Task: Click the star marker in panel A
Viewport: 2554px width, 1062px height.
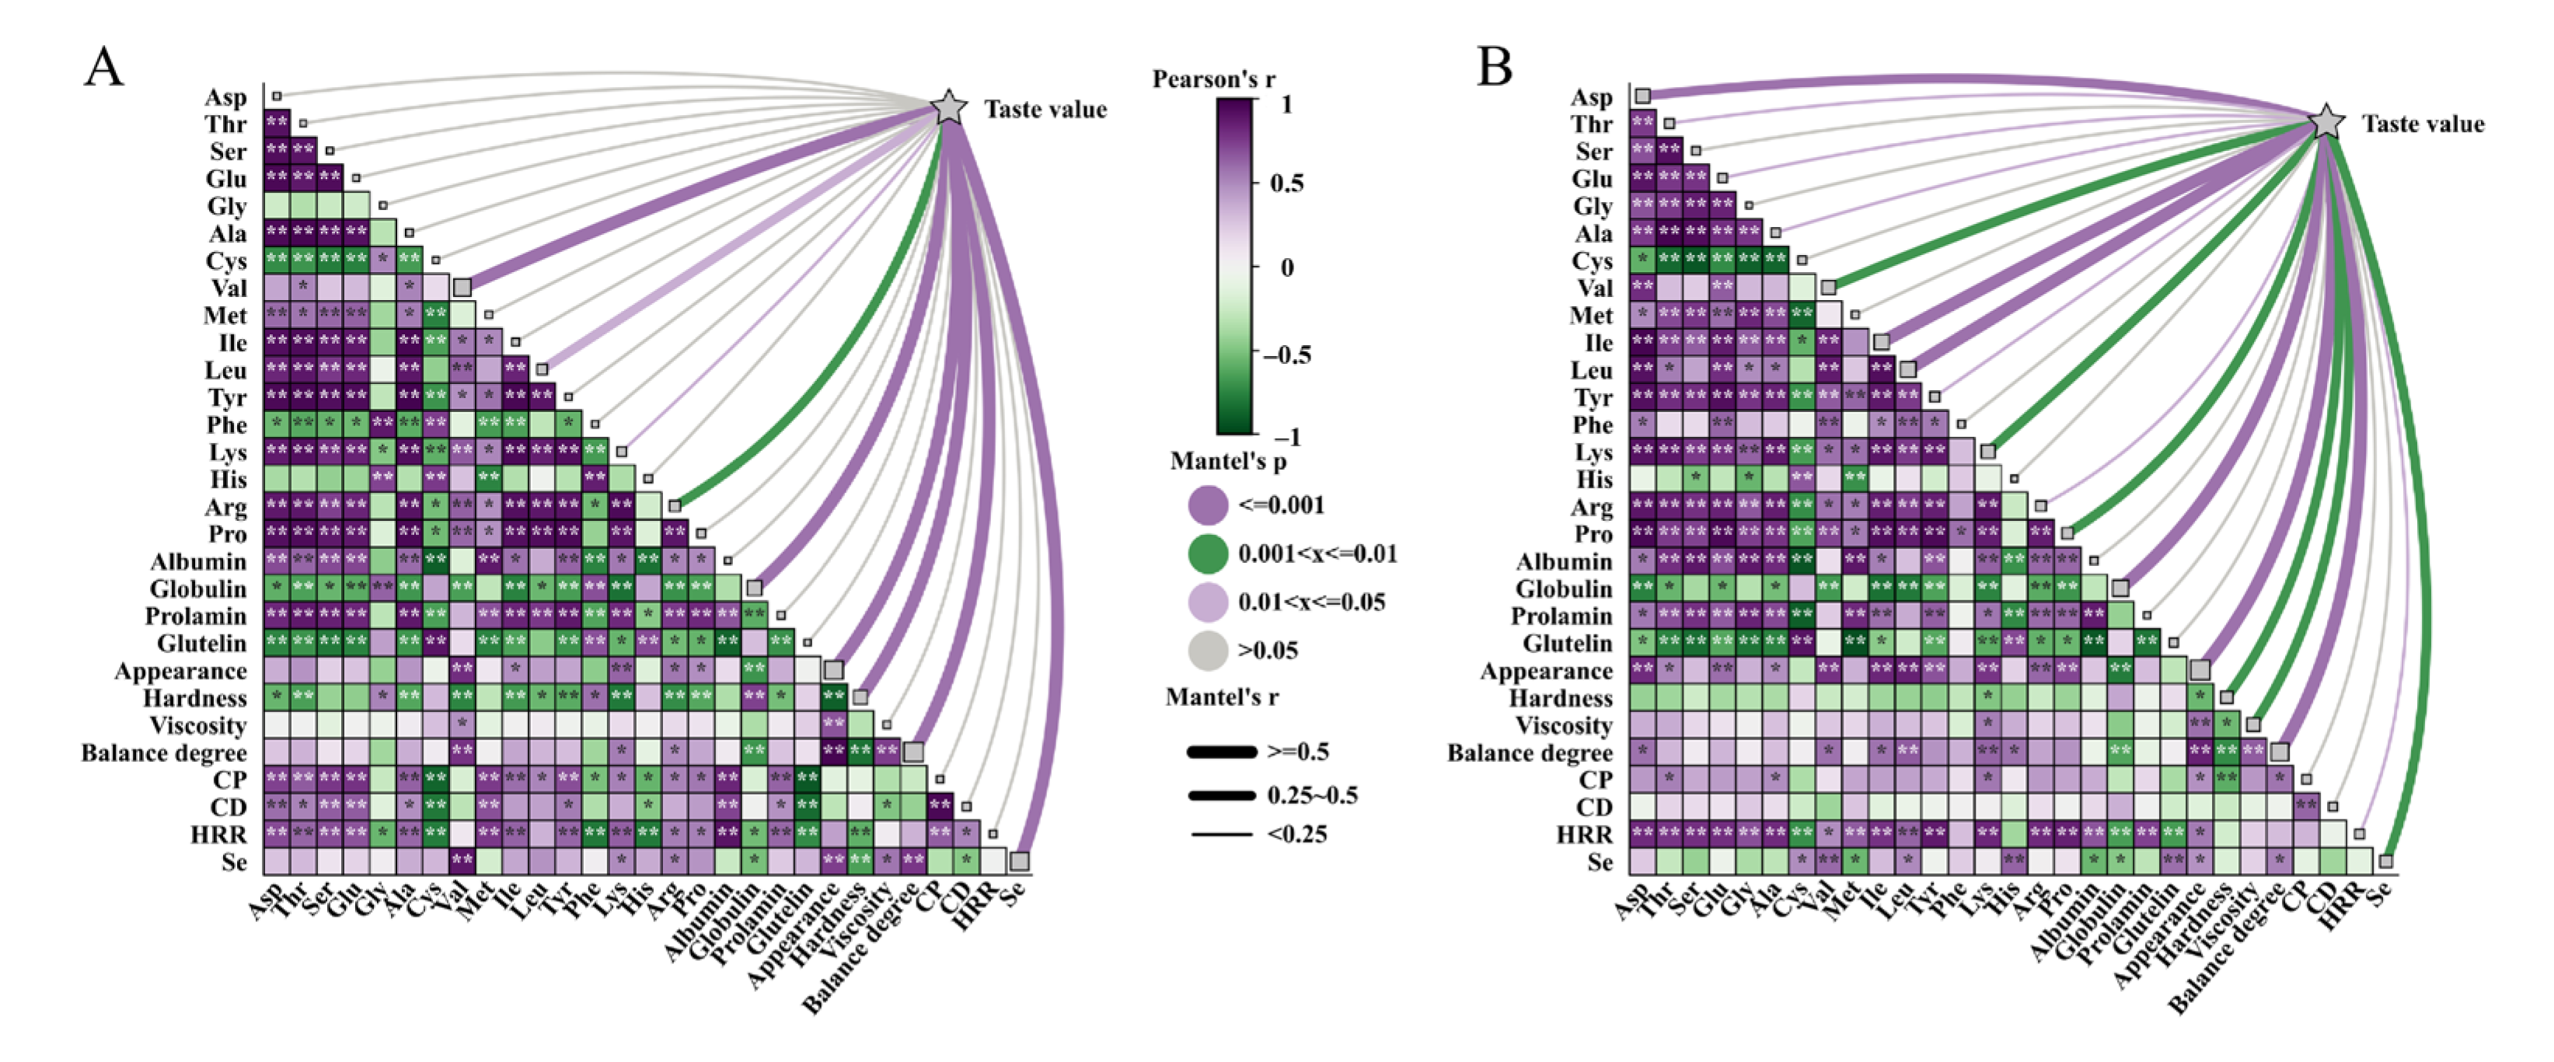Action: click(x=949, y=107)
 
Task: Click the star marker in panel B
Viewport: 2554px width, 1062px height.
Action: click(x=2327, y=122)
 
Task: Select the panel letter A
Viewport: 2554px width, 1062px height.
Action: click(x=104, y=68)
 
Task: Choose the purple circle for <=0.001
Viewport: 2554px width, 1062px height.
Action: click(x=1208, y=505)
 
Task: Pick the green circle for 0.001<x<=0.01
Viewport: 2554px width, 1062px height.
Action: click(x=1208, y=554)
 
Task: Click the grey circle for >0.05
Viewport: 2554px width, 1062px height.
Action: click(x=1208, y=651)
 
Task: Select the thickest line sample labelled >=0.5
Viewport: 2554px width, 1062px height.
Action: click(x=1222, y=753)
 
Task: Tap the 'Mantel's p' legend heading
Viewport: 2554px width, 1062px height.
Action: click(x=1227, y=461)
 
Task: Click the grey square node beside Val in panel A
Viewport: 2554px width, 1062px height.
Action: click(x=462, y=288)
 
